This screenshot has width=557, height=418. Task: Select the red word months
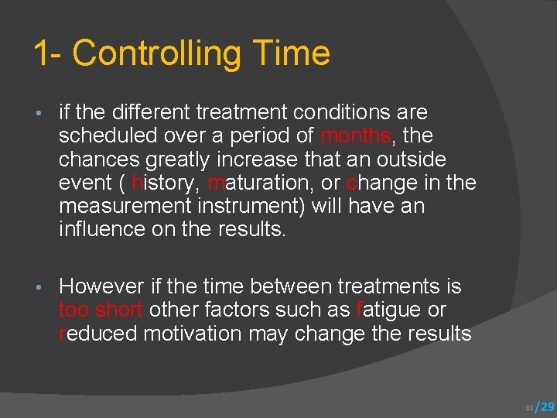point(355,136)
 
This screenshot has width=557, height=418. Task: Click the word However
point(101,286)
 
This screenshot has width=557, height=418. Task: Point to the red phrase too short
point(101,310)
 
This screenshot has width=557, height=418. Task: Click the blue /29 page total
point(545,406)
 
